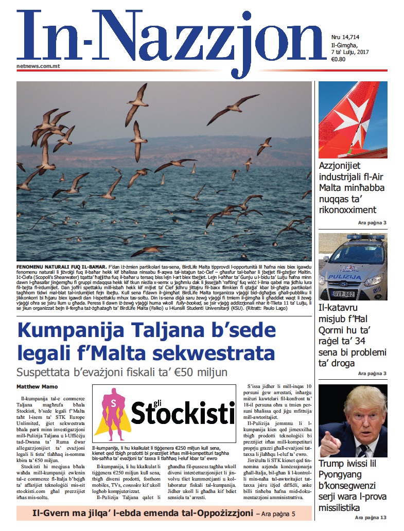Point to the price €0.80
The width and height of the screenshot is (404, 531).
click(338, 59)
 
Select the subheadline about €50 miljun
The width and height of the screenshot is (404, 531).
click(121, 372)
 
